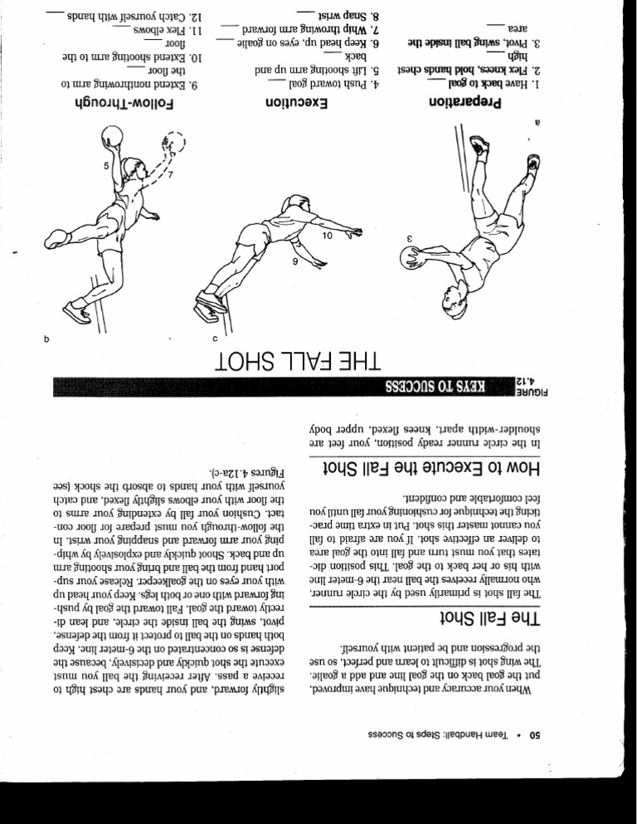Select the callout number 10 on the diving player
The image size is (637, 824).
tap(327, 236)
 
